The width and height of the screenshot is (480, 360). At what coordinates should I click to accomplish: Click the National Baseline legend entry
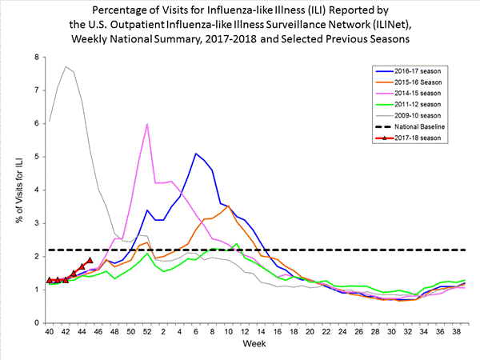[x=424, y=127]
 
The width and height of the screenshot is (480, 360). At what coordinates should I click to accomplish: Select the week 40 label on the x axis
[x=50, y=331]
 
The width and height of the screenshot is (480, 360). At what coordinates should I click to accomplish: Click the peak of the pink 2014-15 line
[x=147, y=124]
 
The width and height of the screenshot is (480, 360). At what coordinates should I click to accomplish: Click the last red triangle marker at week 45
[x=90, y=260]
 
